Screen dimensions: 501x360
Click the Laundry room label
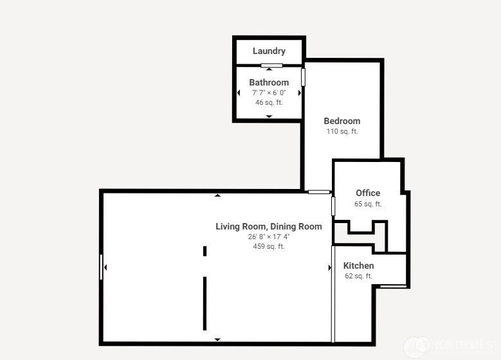[269, 51]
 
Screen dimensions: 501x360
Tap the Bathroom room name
[269, 82]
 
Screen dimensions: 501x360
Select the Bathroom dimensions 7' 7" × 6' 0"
[269, 93]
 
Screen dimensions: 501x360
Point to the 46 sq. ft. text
[269, 103]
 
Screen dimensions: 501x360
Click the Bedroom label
[342, 121]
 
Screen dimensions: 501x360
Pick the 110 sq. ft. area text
[342, 131]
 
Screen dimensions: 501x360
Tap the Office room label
[368, 193]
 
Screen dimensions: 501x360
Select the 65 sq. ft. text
[368, 204]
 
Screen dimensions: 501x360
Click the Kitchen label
[358, 265]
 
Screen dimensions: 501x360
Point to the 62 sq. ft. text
[358, 276]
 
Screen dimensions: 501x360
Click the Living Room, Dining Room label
[269, 226]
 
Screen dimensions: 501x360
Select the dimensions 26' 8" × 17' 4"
[269, 237]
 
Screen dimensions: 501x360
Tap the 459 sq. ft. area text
[269, 247]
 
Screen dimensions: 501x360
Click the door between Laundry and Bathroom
[271, 66]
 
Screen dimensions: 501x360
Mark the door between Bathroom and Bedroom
[303, 77]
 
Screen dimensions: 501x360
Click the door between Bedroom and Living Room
[319, 192]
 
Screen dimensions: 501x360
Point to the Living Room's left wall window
[101, 267]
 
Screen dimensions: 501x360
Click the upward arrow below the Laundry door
[269, 69]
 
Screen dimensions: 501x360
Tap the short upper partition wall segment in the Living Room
[205, 251]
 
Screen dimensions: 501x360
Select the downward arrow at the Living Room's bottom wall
[217, 339]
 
